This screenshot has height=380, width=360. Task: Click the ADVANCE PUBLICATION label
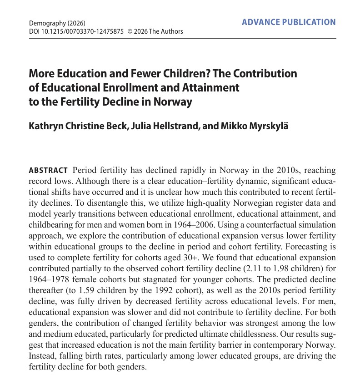(x=289, y=22)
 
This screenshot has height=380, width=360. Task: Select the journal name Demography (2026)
(x=57, y=23)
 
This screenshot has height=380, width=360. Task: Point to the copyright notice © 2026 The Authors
(x=155, y=31)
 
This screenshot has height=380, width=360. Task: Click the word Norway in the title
(x=173, y=101)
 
